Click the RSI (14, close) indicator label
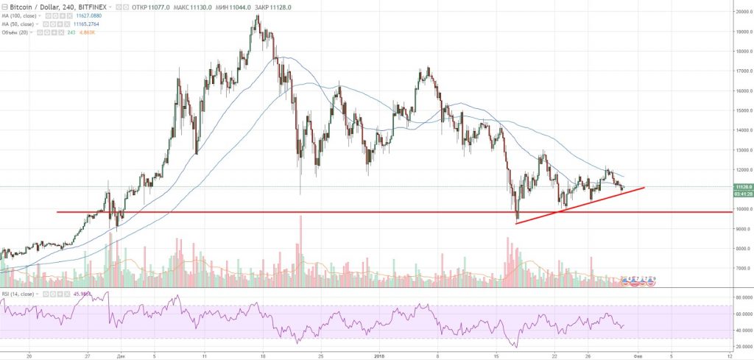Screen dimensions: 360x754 17,294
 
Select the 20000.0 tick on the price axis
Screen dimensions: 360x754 741,12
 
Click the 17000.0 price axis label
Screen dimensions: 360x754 741,71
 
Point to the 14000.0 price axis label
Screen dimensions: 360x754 741,130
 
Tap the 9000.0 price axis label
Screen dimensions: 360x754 741,229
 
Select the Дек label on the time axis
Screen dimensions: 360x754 120,353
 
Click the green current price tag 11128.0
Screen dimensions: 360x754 741,187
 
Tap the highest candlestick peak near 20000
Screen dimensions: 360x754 256,16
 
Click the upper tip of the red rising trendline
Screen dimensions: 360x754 644,188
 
